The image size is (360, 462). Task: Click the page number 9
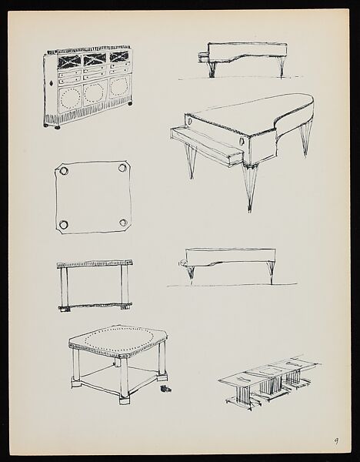[x=336, y=441]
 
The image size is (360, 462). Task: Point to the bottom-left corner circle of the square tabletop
[x=62, y=225]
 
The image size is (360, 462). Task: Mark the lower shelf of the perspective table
[x=115, y=377]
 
